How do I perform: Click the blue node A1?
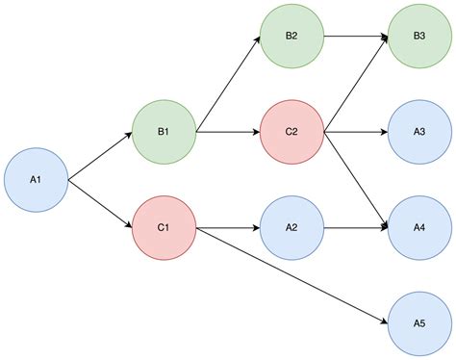pos(36,180)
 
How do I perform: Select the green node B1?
pos(164,132)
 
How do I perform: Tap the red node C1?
pos(164,228)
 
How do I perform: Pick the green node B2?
pos(291,37)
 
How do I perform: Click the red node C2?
pos(291,132)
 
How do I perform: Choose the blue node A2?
pos(291,228)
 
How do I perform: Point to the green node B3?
pos(419,37)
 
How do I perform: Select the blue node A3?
pos(419,132)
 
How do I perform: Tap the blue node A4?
pos(419,228)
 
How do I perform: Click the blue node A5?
pos(419,323)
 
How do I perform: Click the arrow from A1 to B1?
pos(100,156)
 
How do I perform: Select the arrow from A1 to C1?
pos(100,204)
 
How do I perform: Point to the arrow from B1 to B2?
pos(228,84)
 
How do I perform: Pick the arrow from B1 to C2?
pos(228,132)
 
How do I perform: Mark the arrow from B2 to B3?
pos(356,37)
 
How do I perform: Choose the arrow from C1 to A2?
pos(228,228)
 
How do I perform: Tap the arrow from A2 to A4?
pos(356,228)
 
